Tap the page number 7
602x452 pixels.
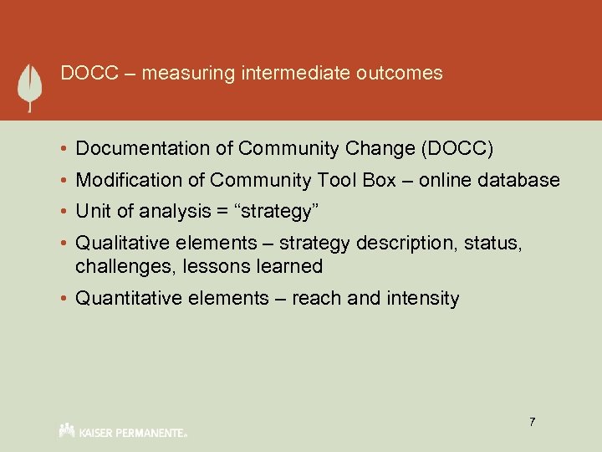pos(531,422)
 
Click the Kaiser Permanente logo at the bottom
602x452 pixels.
pos(123,431)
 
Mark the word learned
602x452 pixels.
pos(291,267)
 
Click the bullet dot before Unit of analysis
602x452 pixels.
pos(64,212)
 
